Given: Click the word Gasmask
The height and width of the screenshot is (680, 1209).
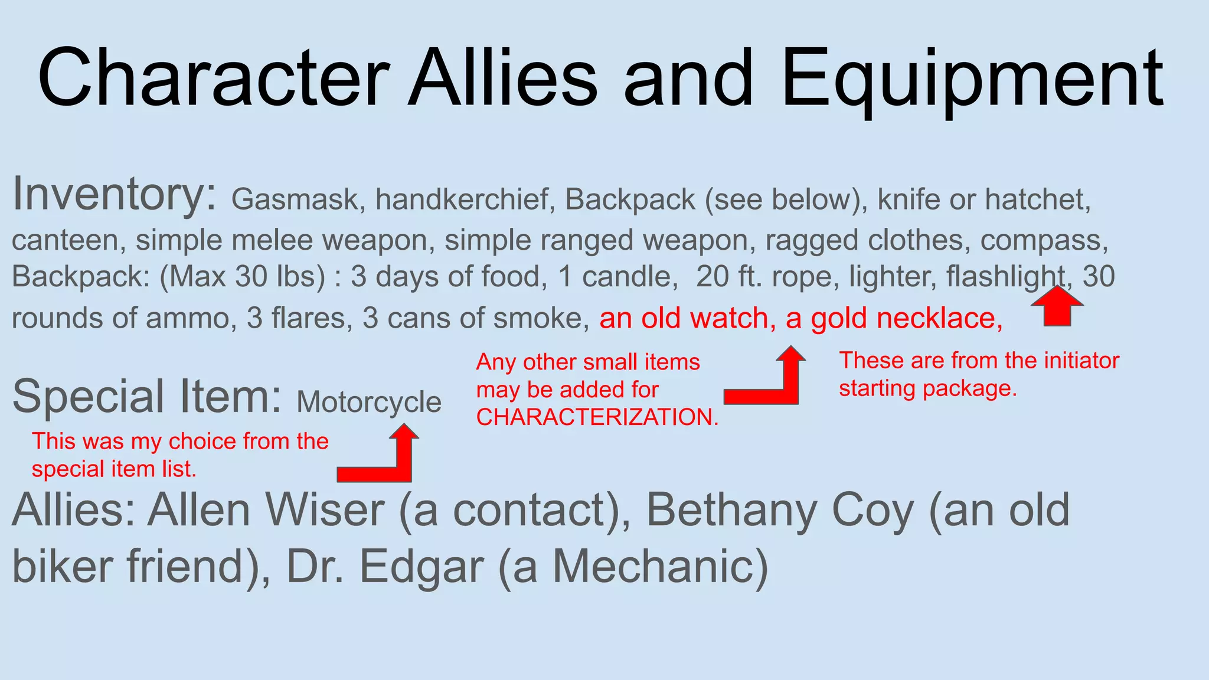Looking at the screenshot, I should (295, 200).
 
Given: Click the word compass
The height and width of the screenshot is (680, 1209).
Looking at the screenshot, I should (1044, 241).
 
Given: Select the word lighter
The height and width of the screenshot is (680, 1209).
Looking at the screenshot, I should (892, 276).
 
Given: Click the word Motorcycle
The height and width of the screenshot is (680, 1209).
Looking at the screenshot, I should (369, 403).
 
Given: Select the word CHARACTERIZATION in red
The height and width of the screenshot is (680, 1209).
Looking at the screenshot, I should (597, 417).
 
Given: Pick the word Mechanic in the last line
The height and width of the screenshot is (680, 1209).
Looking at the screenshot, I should (660, 567).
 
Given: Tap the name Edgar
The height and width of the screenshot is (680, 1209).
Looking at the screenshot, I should (422, 567).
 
